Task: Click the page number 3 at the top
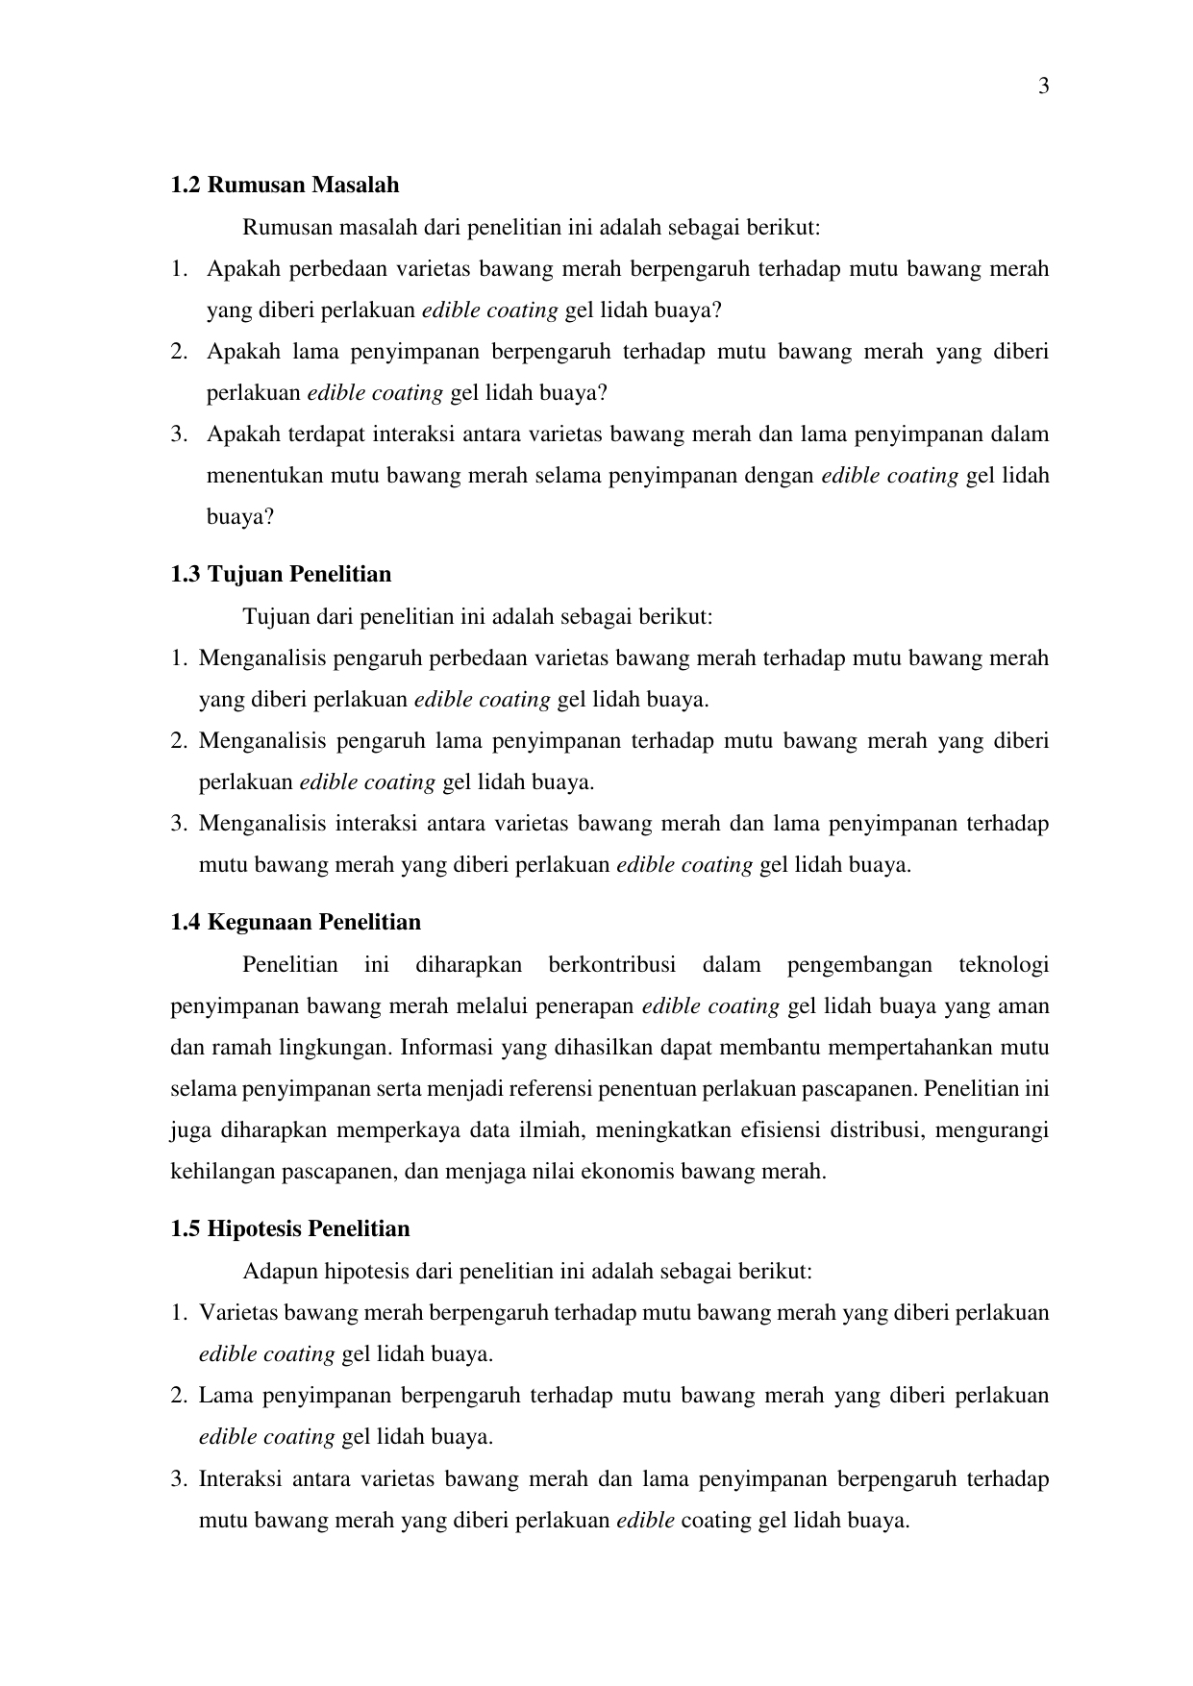(1043, 87)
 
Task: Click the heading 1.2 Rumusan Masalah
(285, 185)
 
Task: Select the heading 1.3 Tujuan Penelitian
(281, 575)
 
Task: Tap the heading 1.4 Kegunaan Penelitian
(295, 923)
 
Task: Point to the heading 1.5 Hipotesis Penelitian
(289, 1229)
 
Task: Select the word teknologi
(1004, 965)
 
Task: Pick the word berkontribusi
(611, 965)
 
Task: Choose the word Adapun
(280, 1272)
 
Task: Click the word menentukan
(265, 477)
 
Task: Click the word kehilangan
(222, 1173)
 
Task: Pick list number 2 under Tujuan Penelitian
(178, 742)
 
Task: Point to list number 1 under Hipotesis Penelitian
(178, 1313)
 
